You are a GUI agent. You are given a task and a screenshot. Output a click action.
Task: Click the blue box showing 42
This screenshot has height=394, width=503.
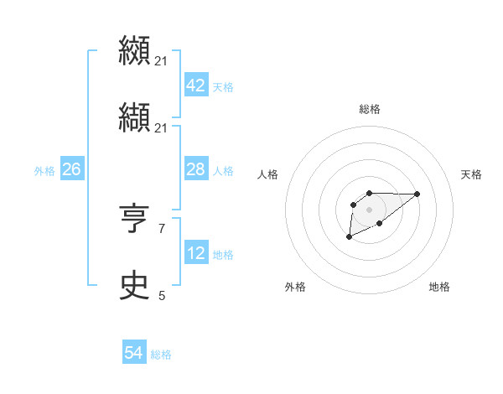pyautogui.click(x=195, y=86)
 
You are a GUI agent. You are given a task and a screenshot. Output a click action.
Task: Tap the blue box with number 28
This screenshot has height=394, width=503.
pyautogui.click(x=195, y=170)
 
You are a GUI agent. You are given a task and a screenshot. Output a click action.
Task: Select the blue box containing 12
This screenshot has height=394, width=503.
pyautogui.click(x=195, y=254)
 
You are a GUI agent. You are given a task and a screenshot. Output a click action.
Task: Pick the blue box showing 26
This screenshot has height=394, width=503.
pyautogui.click(x=71, y=170)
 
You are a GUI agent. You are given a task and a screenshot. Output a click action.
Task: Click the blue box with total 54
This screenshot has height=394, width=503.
pyautogui.click(x=133, y=354)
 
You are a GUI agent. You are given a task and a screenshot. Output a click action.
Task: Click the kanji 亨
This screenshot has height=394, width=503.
pyautogui.click(x=134, y=220)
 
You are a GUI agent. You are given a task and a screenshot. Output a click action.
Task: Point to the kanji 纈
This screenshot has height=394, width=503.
pyautogui.click(x=134, y=119)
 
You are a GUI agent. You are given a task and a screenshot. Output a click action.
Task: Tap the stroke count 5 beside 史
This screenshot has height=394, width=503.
pyautogui.click(x=162, y=295)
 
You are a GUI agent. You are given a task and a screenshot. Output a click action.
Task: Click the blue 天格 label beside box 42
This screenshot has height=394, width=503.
pyautogui.click(x=223, y=87)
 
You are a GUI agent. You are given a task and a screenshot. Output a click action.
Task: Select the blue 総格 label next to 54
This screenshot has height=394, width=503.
pyautogui.click(x=161, y=355)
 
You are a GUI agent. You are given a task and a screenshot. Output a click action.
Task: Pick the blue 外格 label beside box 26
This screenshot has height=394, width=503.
pyautogui.click(x=44, y=171)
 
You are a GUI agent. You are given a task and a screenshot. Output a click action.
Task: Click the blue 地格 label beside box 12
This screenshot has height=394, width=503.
pyautogui.click(x=223, y=255)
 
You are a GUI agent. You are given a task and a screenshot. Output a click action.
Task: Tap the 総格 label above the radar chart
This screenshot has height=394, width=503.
pyautogui.click(x=369, y=109)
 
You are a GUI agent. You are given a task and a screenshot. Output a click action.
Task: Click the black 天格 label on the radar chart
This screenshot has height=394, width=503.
pyautogui.click(x=472, y=174)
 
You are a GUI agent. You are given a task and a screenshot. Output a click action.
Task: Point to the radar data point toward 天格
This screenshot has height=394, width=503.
pyautogui.click(x=417, y=194)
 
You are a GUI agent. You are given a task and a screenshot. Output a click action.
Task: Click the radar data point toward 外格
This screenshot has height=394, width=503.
pyautogui.click(x=349, y=237)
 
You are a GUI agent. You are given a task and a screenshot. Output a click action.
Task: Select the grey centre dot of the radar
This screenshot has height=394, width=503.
pyautogui.click(x=369, y=209)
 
